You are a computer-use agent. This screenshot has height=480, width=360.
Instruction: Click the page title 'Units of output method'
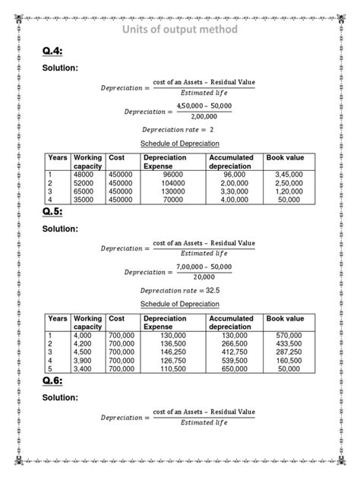point(180,29)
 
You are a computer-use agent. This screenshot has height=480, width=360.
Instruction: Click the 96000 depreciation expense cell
point(163,174)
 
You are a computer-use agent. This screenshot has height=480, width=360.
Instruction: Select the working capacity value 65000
point(86,191)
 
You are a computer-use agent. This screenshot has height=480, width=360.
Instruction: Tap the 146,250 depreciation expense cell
point(163,352)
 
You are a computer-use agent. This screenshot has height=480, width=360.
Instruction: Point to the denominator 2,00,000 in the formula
point(204,117)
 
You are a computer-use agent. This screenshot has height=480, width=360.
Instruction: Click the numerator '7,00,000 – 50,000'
point(204,267)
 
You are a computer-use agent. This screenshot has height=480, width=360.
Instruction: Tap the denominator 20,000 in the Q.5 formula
point(204,277)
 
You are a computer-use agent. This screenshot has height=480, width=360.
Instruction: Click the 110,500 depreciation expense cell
point(163,368)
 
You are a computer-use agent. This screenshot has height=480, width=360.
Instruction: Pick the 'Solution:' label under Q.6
point(60,397)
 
